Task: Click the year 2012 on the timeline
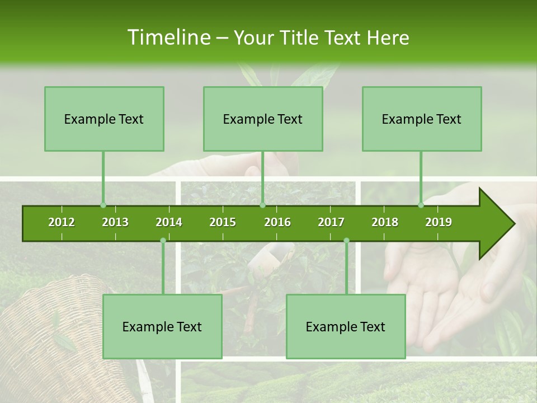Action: pyautogui.click(x=62, y=222)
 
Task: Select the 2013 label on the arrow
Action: pyautogui.click(x=115, y=222)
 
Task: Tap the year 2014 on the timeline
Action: pyautogui.click(x=169, y=222)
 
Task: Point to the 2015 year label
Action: pyautogui.click(x=223, y=222)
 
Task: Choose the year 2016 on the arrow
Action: pyautogui.click(x=277, y=222)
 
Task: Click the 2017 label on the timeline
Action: pyautogui.click(x=331, y=222)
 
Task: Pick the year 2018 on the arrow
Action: pyautogui.click(x=385, y=222)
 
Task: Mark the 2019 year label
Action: pyautogui.click(x=439, y=222)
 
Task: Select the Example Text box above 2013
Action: pyautogui.click(x=104, y=119)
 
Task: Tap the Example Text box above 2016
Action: pyautogui.click(x=263, y=119)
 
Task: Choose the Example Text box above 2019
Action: pyautogui.click(x=422, y=119)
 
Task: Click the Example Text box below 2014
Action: pyautogui.click(x=162, y=326)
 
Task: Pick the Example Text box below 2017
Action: pyautogui.click(x=346, y=326)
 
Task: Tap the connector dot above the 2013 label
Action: pyautogui.click(x=103, y=205)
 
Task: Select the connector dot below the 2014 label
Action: pyautogui.click(x=163, y=240)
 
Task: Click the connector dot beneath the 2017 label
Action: pyautogui.click(x=346, y=240)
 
